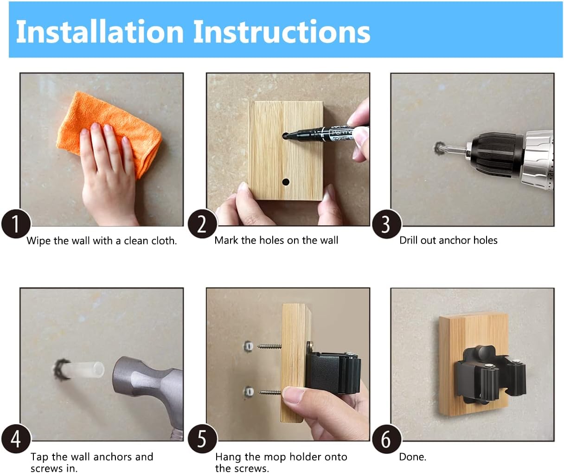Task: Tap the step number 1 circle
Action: [x=16, y=224]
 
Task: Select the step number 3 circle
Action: [x=386, y=224]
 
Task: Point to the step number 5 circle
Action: [x=202, y=439]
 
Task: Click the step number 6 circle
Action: [x=386, y=439]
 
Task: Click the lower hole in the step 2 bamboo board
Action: [x=286, y=182]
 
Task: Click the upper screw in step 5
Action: [x=269, y=346]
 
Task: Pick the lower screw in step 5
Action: [x=270, y=392]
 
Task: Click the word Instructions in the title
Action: [x=282, y=32]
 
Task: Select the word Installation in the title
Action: [x=100, y=32]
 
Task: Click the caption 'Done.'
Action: [x=412, y=457]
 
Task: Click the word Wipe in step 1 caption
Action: [x=38, y=241]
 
